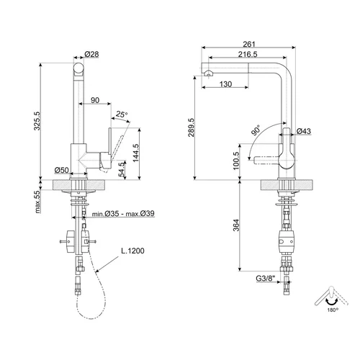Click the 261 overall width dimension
(x=249, y=44)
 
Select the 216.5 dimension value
(x=248, y=55)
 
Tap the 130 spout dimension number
(x=225, y=84)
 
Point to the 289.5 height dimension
(x=191, y=127)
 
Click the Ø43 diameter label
(x=304, y=131)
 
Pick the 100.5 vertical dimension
(x=236, y=161)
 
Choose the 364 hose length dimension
(x=236, y=225)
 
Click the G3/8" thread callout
(x=266, y=279)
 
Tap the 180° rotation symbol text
(x=333, y=310)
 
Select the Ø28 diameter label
(x=91, y=54)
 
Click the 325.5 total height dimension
(x=37, y=121)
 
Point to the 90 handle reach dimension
(x=95, y=100)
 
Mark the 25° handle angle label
(x=122, y=114)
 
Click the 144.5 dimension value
(x=135, y=153)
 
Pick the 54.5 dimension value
(x=122, y=169)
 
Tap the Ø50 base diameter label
(x=62, y=170)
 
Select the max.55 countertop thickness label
(x=37, y=202)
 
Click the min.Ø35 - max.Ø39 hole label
(x=123, y=213)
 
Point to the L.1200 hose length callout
(x=132, y=251)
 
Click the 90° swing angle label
(x=256, y=130)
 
